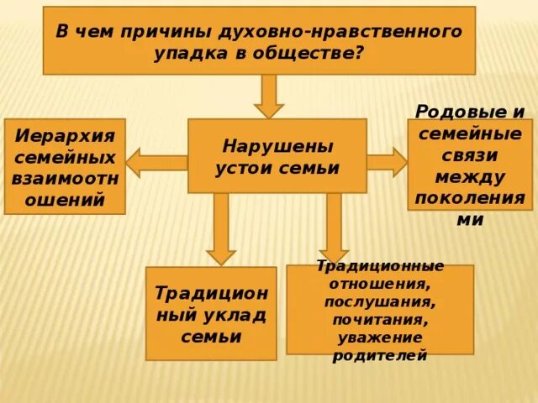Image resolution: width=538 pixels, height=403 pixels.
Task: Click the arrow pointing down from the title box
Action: [x=269, y=96]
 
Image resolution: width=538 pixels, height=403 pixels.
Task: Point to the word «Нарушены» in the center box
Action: [x=277, y=145]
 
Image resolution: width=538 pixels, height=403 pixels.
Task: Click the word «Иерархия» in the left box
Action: [x=65, y=137]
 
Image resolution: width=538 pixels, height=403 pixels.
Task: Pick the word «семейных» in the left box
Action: [x=65, y=158]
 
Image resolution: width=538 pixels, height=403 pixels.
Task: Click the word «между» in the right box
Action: [x=470, y=177]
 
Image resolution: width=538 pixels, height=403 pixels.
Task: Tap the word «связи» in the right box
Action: [x=470, y=156]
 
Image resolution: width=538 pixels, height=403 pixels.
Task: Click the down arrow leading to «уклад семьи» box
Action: [x=220, y=228]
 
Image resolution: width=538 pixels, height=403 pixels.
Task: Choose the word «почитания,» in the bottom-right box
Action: [x=380, y=320]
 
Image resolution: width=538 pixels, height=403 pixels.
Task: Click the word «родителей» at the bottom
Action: [x=380, y=355]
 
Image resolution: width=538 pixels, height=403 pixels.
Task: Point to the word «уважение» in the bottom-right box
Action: [x=380, y=338]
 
